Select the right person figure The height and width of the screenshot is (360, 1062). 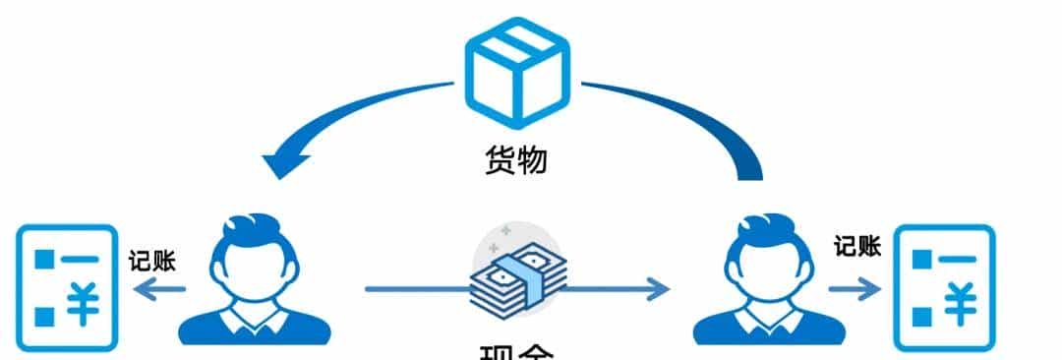point(770,280)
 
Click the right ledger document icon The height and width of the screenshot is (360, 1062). point(943,286)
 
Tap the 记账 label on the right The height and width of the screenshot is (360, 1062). point(857,246)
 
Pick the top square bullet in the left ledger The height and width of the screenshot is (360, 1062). point(43,260)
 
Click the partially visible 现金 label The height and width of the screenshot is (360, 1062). point(518,352)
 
